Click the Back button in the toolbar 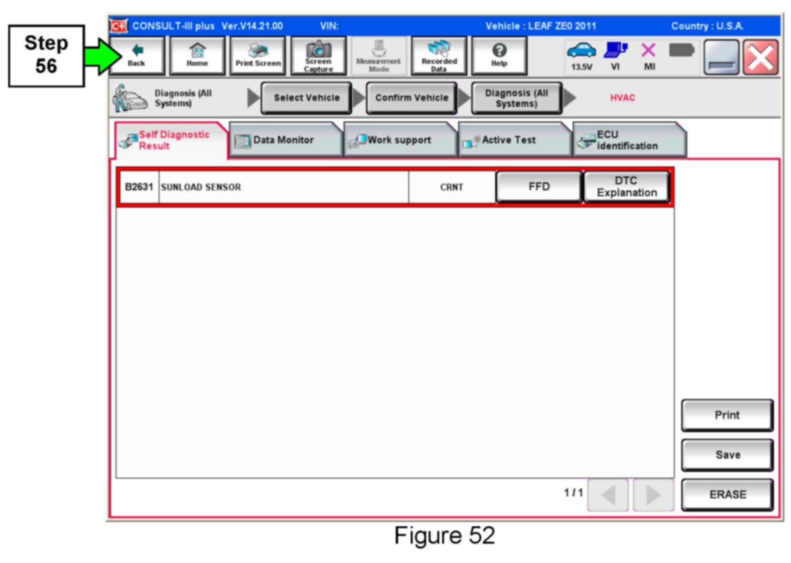coord(137,56)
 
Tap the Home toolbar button coord(197,56)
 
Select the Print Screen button coord(258,56)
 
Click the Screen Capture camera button coord(318,56)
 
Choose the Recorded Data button coord(439,56)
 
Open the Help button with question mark coord(499,56)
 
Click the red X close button coord(761,58)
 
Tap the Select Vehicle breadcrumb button coord(306,98)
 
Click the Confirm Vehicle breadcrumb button coord(412,98)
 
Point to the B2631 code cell coord(139,187)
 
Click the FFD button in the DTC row coord(539,187)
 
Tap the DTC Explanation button coord(627,187)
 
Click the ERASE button coord(727,494)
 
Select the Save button coord(727,455)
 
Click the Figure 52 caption coord(445,536)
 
